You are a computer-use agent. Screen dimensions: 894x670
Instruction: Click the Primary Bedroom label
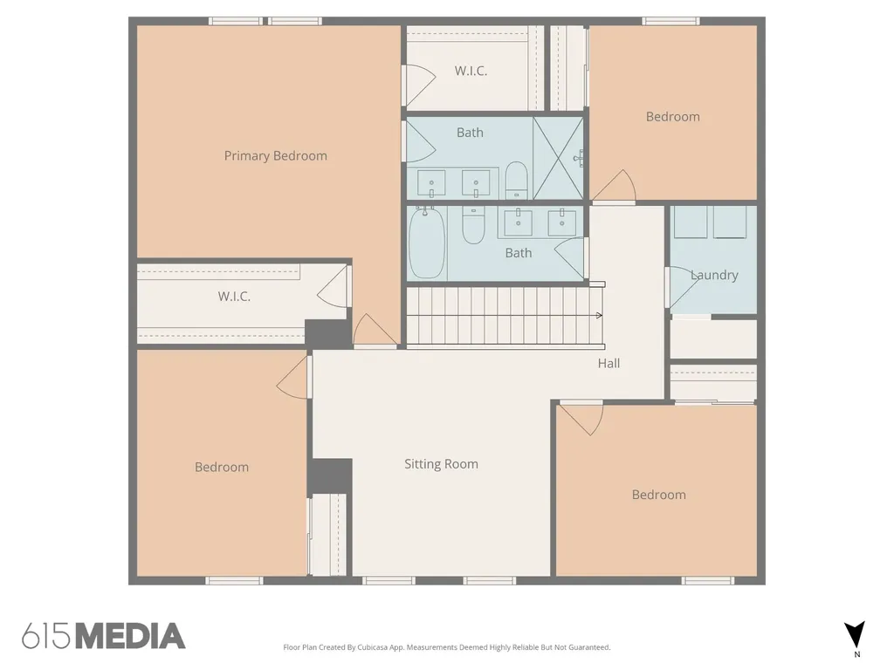275,156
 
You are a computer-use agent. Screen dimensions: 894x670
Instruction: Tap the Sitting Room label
441,464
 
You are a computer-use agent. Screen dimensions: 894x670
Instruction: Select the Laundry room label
714,275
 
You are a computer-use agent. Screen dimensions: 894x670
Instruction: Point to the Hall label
609,364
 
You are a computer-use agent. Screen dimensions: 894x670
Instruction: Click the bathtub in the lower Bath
427,243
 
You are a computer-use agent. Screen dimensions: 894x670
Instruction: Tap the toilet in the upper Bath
517,180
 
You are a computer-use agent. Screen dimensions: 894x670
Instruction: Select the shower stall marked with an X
558,159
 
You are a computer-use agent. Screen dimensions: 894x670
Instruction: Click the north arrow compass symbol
855,635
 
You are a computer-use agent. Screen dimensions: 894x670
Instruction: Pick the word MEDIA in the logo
131,636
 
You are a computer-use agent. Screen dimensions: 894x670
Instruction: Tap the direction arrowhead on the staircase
599,315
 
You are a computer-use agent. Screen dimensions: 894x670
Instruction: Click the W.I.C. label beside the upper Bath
471,72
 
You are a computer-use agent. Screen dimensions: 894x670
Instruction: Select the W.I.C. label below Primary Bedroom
234,297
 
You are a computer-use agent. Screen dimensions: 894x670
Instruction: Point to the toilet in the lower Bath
473,225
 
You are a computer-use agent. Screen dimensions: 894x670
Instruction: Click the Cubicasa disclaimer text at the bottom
447,647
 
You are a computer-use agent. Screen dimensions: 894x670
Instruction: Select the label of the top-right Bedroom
673,117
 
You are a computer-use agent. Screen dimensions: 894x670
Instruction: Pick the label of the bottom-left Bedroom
222,468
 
